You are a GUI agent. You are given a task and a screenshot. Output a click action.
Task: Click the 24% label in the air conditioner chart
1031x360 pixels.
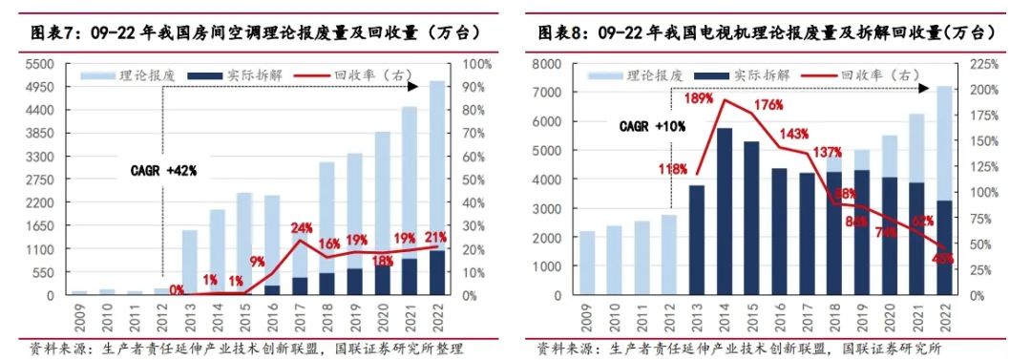coord(302,227)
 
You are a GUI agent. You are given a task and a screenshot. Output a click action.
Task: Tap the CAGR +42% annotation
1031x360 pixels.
coord(163,171)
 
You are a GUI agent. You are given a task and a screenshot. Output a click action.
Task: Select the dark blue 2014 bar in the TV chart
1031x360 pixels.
coord(724,210)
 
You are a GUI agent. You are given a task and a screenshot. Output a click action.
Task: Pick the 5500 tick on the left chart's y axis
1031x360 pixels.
coord(41,64)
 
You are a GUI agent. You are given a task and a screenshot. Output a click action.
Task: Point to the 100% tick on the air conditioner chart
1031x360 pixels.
coord(475,64)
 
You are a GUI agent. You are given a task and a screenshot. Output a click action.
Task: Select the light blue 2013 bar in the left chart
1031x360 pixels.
coord(189,262)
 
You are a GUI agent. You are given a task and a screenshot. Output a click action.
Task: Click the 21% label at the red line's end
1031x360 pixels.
coord(436,237)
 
